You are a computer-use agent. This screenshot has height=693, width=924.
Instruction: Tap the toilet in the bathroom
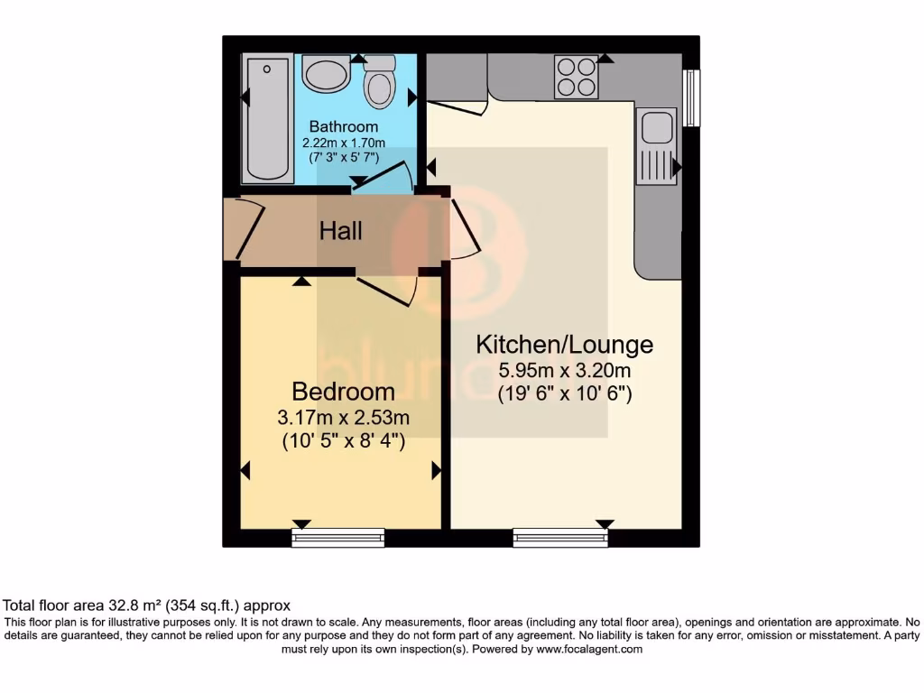[x=379, y=83]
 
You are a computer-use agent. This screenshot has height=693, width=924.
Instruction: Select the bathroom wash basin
[x=326, y=73]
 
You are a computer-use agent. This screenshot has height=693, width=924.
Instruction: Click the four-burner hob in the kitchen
[x=575, y=77]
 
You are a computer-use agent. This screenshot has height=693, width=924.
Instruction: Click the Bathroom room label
[x=343, y=126]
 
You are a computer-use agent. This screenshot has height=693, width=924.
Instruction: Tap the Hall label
[x=341, y=231]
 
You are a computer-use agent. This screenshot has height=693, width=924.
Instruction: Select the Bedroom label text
[x=343, y=392]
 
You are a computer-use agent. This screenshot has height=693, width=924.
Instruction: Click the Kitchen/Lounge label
[x=564, y=344]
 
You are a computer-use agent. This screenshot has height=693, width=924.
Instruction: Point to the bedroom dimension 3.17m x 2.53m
[x=343, y=418]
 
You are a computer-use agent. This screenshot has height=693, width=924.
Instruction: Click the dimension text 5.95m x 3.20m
[x=564, y=370]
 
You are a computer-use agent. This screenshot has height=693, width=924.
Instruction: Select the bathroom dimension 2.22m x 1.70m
[x=343, y=143]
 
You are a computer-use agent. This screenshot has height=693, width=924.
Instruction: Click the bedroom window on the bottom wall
[x=338, y=538]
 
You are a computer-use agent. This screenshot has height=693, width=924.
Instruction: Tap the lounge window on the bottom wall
[x=560, y=538]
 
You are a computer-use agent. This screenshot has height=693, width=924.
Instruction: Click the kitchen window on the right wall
[x=692, y=97]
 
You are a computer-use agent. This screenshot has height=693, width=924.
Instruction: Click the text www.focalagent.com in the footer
[x=589, y=649]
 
